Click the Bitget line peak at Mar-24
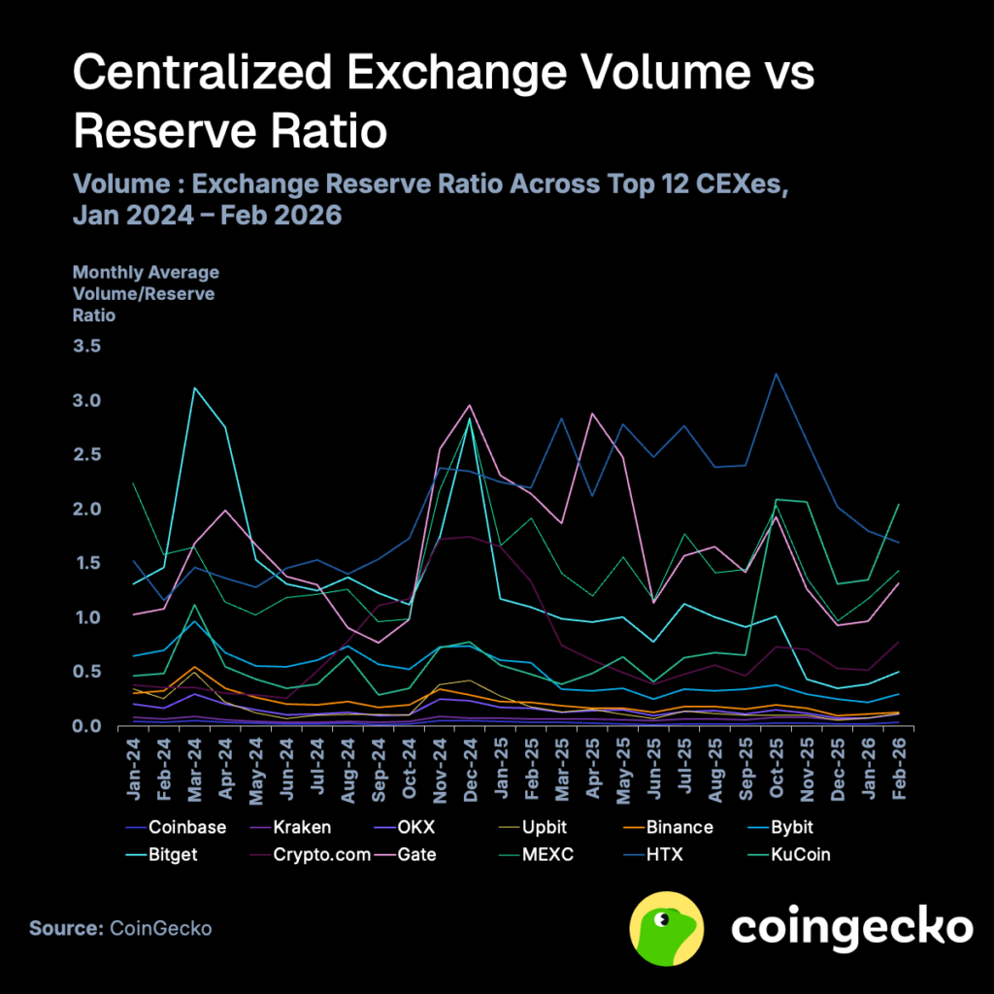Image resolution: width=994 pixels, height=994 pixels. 195,388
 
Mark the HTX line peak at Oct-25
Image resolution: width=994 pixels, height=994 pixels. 776,374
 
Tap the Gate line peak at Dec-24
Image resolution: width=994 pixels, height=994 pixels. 470,406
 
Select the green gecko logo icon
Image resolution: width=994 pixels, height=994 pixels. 668,928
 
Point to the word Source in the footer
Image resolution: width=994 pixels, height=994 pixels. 64,929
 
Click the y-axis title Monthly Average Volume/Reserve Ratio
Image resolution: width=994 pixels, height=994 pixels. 146,293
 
